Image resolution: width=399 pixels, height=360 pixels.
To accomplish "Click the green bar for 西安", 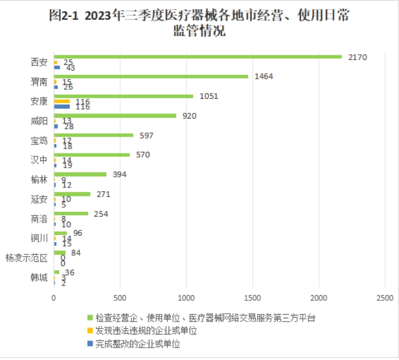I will pos(197,56).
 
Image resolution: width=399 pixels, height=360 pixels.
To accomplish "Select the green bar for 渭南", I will pos(151,76).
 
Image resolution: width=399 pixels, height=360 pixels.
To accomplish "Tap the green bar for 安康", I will pos(123,96).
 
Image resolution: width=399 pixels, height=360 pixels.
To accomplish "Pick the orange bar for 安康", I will pos(61,101).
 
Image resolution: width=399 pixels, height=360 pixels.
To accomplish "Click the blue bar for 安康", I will pos(61,106).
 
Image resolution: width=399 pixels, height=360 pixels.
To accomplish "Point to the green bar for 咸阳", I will pos(115,116).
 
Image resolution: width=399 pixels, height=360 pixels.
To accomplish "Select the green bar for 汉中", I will pos(92,155).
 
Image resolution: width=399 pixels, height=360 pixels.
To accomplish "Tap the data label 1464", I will pos(264,76).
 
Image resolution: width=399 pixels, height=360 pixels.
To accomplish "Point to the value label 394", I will pos(119,174).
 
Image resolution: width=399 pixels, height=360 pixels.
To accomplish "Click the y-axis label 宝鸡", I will pos(39,140).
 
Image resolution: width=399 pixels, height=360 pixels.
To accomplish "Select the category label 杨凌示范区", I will pos(26,258).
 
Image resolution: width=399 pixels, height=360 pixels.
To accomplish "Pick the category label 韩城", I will pos(39,278).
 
